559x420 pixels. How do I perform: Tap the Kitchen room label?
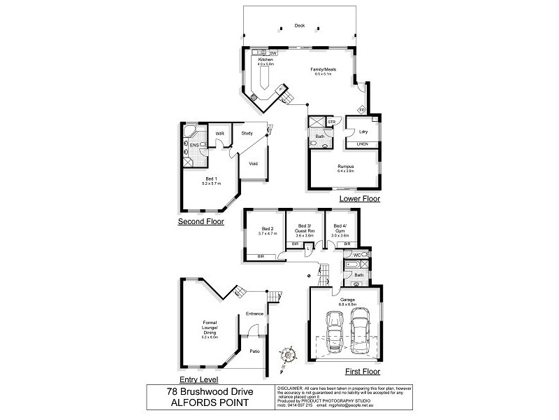pos(266,60)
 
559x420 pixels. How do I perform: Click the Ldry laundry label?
pos(363,130)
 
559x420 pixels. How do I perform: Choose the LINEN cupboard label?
pos(363,143)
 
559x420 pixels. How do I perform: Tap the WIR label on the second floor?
pos(219,133)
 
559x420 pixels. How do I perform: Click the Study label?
pos(247,133)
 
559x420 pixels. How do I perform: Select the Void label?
pos(253,164)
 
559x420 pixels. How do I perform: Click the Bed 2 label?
pos(267,229)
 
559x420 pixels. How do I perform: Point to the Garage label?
pos(348,300)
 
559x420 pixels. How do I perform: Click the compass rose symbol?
pos(285,355)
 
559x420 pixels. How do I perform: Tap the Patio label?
pos(254,351)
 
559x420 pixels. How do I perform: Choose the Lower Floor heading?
pos(359,199)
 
